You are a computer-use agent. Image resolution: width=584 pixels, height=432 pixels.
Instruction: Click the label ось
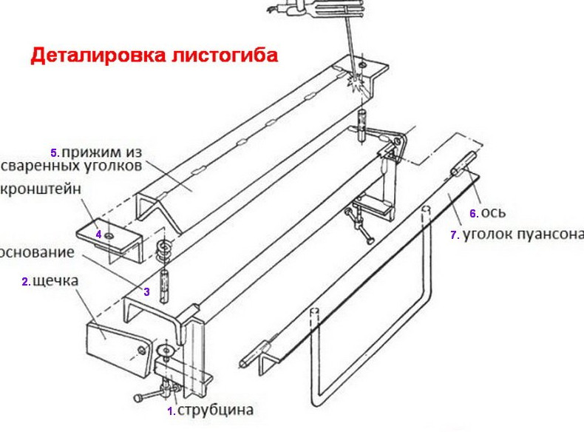[x=492, y=213]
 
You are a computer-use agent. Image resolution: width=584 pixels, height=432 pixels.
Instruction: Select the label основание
[x=37, y=252]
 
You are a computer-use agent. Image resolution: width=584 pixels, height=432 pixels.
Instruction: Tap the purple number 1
[x=170, y=411]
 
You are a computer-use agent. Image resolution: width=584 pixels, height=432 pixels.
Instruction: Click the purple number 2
[x=24, y=282]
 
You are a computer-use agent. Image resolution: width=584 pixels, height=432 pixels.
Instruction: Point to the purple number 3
[x=146, y=292]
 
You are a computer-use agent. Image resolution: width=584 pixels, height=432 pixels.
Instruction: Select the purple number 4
[x=98, y=234]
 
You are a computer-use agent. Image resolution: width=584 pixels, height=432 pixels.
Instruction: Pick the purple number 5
[x=53, y=153]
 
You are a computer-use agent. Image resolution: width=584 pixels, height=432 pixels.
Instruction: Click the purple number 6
[x=473, y=214]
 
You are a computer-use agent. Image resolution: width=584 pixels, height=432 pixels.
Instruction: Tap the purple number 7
[x=454, y=236]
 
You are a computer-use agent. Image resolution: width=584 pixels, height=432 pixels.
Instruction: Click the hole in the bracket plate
[x=109, y=236]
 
